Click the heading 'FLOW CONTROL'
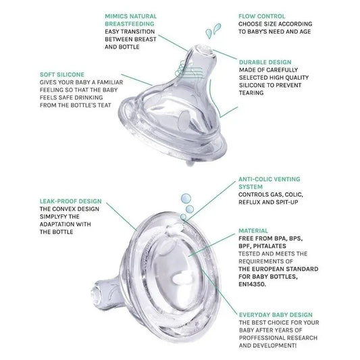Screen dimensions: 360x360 tap(262, 16)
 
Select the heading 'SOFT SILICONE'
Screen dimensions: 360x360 tap(62, 74)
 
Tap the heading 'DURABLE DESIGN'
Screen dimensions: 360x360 tap(265, 62)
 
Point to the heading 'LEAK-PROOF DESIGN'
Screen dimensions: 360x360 tap(70, 201)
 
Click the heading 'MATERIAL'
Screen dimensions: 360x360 tap(253, 231)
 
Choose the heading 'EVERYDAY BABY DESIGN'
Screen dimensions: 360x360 tap(276, 315)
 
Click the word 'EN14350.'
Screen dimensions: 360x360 tap(253, 284)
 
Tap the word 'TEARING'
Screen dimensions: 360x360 tap(251, 93)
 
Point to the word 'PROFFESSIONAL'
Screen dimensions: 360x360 tap(261, 338)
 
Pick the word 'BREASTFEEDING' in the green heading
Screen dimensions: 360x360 tap(130, 24)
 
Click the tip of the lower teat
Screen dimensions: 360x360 tap(95, 293)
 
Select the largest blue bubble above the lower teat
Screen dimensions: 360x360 tap(186, 199)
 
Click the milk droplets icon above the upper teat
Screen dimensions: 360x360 tap(213, 30)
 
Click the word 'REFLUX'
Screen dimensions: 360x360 tap(249, 202)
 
